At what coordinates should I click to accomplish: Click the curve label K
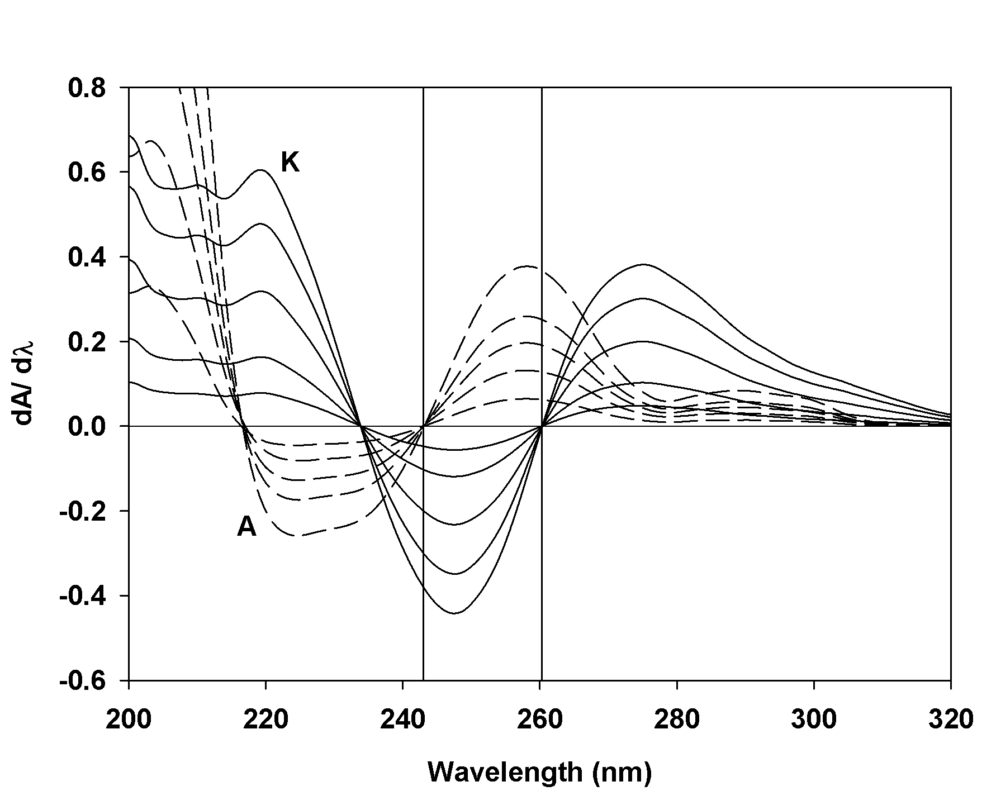click(x=290, y=163)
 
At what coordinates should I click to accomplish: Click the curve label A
click(x=246, y=526)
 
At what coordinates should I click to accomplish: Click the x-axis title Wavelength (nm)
click(x=540, y=772)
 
